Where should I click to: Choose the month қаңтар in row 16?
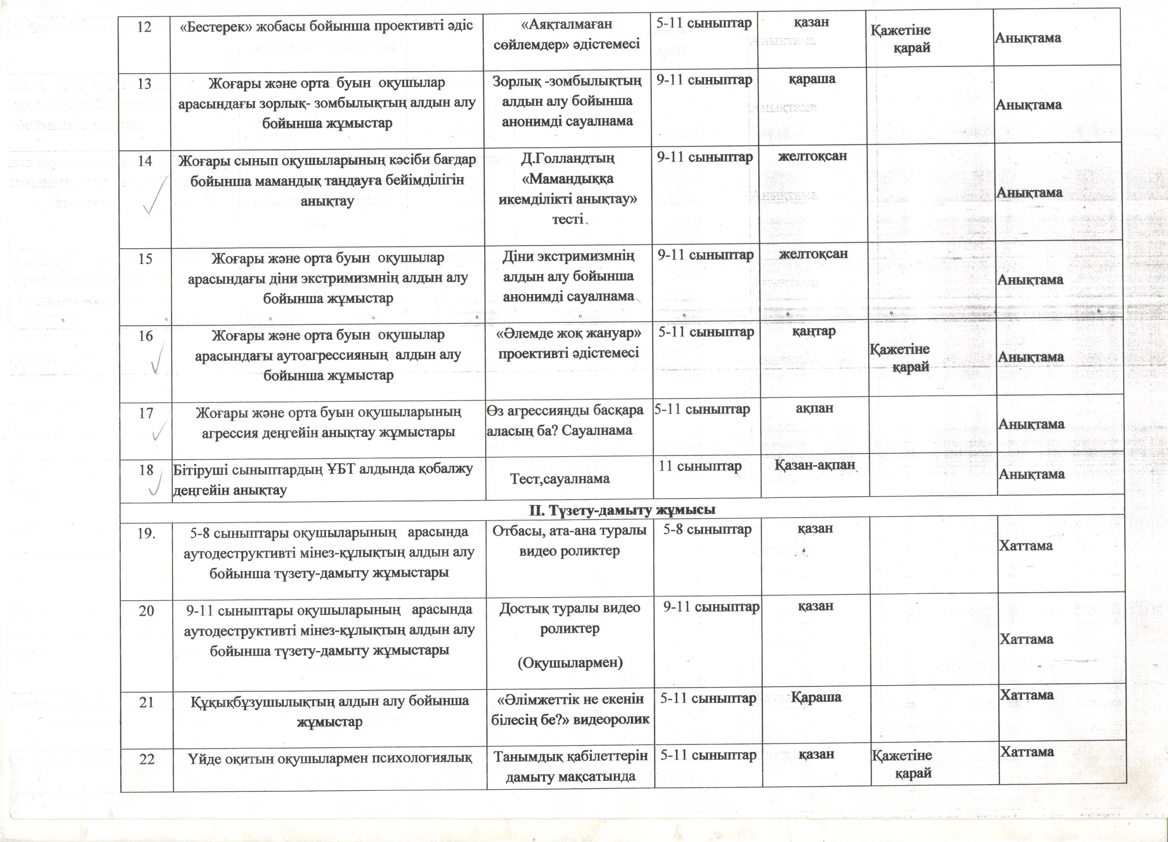point(814,331)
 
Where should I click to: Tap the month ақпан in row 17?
point(814,408)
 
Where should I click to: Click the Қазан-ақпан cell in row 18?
point(815,465)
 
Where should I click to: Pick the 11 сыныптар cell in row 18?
point(700,466)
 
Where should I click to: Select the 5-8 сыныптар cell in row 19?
point(707,529)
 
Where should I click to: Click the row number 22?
point(147,759)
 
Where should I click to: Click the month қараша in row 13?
point(812,79)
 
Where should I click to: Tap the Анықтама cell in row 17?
point(1031,424)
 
